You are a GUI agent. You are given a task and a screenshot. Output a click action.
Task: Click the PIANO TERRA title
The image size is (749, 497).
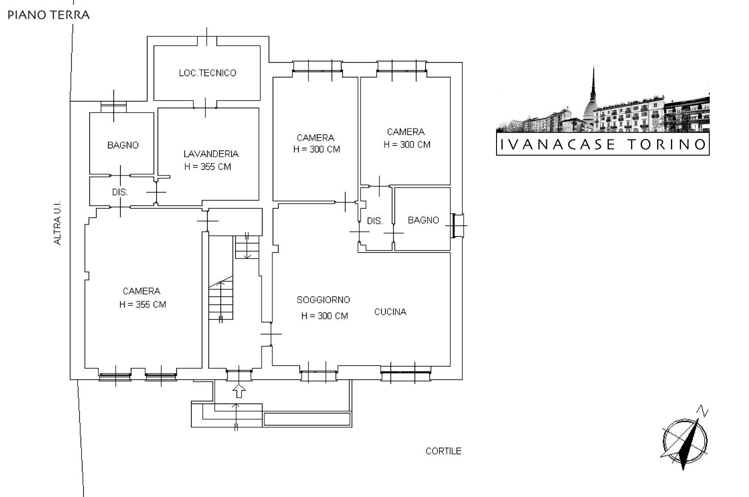click(49, 15)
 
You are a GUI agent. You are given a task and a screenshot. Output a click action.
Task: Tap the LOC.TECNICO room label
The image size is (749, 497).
click(207, 73)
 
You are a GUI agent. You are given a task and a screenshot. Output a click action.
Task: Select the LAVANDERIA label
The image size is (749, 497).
click(211, 154)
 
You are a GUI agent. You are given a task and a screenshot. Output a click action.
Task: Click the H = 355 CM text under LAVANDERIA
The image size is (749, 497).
click(208, 167)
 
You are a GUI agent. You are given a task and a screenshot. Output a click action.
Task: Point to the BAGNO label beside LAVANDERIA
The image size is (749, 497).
click(123, 145)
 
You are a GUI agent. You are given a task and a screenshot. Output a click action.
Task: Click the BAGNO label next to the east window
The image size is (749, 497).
click(423, 220)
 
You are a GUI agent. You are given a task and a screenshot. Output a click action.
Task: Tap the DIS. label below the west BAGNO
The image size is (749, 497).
click(120, 192)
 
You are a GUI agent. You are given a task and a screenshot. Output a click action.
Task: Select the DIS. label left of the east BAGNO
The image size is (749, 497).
click(375, 221)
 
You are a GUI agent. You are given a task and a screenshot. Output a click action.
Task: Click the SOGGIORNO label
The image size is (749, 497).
click(323, 300)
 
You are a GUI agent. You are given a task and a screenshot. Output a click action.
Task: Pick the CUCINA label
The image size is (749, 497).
click(390, 312)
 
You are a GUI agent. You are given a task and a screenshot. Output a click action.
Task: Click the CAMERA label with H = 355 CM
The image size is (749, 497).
click(141, 291)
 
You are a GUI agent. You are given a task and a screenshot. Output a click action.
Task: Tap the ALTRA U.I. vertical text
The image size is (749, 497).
click(58, 222)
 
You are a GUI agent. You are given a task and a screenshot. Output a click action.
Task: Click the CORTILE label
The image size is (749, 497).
click(443, 451)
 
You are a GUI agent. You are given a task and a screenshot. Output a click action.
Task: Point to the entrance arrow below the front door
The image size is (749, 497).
click(240, 391)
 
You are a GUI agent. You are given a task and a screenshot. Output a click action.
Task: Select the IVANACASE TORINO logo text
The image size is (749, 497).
click(603, 145)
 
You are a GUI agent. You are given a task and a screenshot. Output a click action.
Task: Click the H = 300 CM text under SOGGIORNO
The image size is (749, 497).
click(324, 316)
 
